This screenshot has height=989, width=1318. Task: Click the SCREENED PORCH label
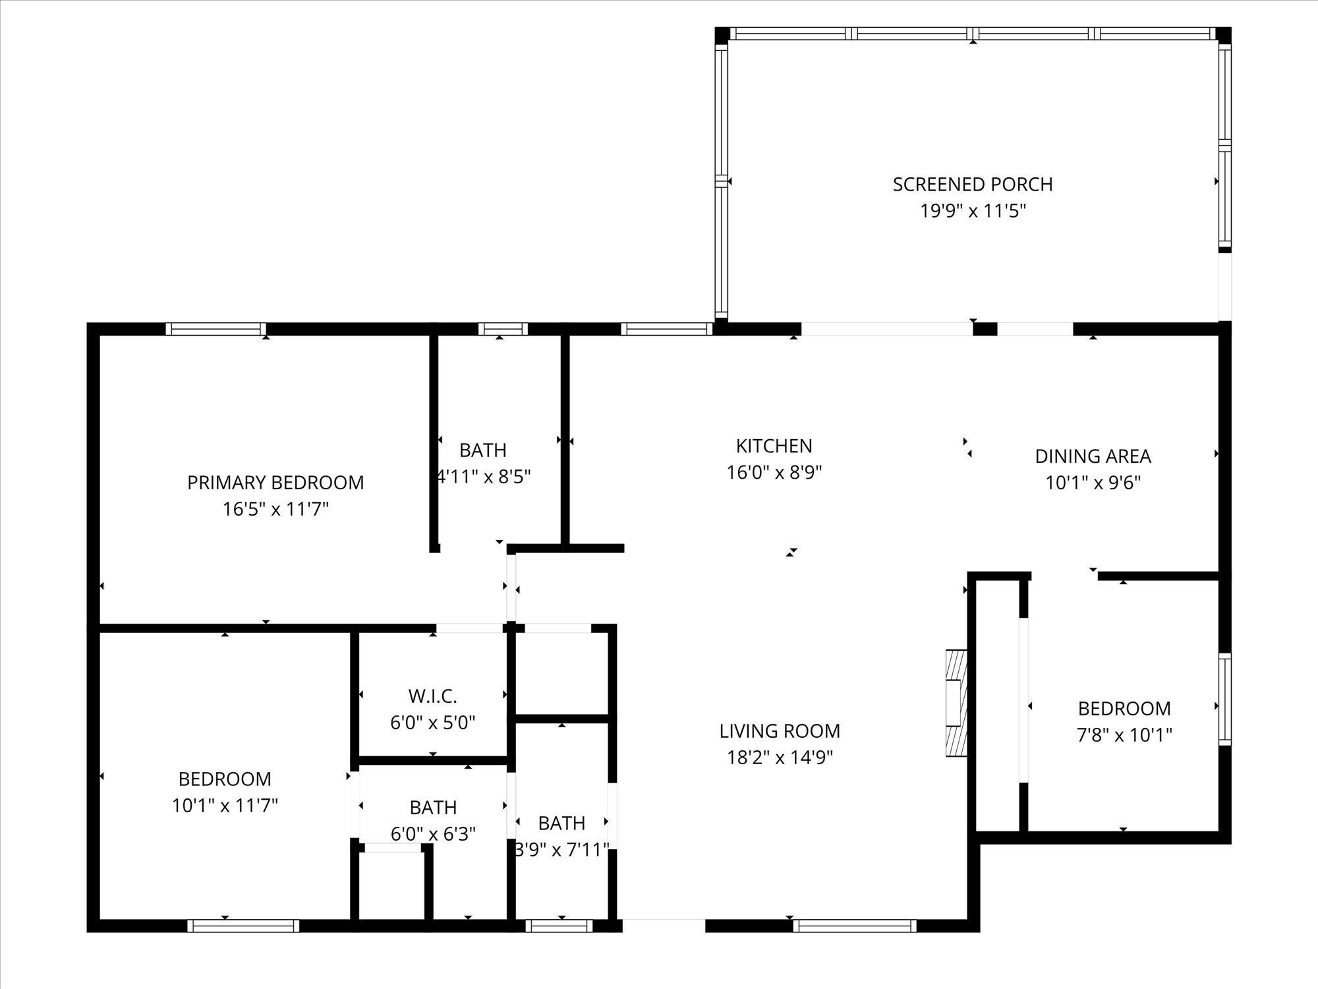pos(973,184)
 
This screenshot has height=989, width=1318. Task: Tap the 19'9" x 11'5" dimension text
pos(973,211)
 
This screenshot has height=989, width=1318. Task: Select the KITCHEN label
pos(774,446)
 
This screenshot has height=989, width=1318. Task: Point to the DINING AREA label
pos(1093,456)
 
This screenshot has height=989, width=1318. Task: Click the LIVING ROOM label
pos(780,731)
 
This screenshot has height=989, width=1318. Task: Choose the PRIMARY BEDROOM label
pos(275,483)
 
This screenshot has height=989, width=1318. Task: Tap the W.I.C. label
pos(432,696)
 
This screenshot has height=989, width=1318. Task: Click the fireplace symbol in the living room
pos(956,703)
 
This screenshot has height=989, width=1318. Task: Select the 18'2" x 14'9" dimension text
pos(780,758)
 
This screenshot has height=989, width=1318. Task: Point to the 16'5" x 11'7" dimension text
pos(275,510)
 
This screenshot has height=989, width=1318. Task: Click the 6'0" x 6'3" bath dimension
pos(433,835)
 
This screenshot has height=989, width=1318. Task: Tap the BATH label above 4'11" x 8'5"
pos(483,450)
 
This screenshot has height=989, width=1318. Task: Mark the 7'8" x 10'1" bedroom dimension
pos(1124,735)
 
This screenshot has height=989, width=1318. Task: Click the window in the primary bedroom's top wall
pos(215,329)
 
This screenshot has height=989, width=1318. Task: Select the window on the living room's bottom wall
pos(854,926)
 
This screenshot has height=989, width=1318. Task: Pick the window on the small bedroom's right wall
pos(1224,699)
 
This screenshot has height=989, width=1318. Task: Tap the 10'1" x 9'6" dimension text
pos(1093,483)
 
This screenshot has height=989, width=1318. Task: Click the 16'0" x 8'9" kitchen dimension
pos(774,473)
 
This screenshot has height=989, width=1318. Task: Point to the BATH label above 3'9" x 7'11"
pos(561,824)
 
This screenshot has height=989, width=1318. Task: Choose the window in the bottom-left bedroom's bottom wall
pos(243,926)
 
